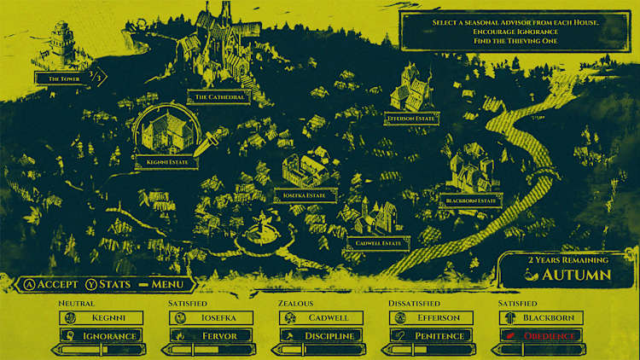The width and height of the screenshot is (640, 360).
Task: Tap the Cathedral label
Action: tap(219, 97)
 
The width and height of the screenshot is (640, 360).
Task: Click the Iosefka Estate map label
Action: tap(305, 195)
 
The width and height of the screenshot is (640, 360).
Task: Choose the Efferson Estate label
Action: tap(411, 119)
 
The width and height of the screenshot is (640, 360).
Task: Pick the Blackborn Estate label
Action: tap(471, 200)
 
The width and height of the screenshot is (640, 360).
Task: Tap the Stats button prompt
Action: tap(108, 284)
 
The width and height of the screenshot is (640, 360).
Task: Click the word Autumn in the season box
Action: tap(576, 275)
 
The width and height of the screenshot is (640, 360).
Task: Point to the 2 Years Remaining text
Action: tap(567, 259)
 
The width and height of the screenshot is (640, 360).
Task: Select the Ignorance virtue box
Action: tap(102, 335)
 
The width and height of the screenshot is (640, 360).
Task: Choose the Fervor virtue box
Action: tap(211, 335)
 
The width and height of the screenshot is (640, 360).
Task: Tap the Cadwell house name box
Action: tap(321, 317)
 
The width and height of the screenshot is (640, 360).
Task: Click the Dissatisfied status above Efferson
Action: tap(414, 303)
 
